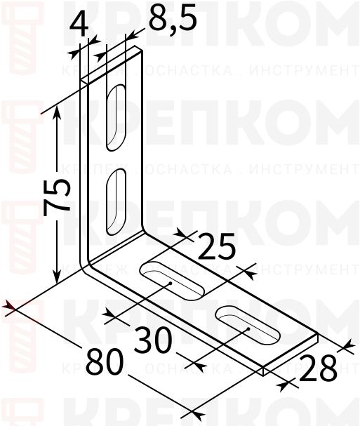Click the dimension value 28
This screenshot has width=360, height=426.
pos(316,367)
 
